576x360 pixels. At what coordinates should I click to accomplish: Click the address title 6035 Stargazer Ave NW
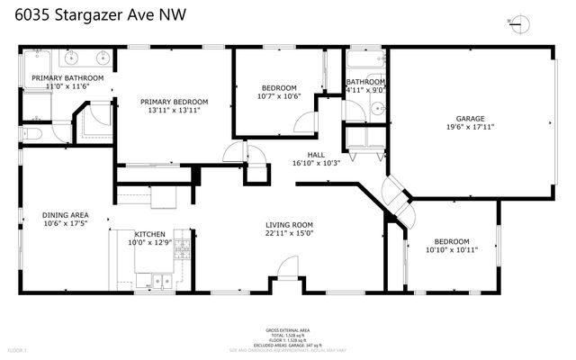point(82,15)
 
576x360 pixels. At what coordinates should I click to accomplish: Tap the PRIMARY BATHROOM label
point(67,78)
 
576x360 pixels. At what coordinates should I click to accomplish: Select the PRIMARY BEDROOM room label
point(172,102)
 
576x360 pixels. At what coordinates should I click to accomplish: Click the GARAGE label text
point(470,118)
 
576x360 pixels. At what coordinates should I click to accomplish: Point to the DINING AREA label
point(65,214)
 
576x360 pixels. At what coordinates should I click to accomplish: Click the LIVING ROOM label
point(289,224)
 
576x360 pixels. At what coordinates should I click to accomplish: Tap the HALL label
point(315,154)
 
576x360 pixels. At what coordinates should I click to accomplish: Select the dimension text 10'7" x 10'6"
point(278,96)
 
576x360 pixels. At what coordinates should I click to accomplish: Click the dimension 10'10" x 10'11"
point(452,249)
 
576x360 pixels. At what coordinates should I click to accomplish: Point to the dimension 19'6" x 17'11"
point(470,127)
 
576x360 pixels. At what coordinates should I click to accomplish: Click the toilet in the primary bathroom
point(31,133)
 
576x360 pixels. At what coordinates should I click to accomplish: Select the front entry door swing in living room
point(287,267)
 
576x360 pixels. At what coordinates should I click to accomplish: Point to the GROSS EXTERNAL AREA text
point(288,330)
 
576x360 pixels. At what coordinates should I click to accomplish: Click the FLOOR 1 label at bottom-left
point(18,349)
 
